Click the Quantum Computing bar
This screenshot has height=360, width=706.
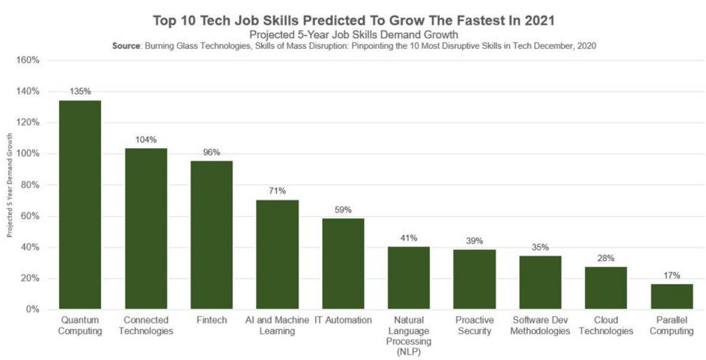pyautogui.click(x=80, y=205)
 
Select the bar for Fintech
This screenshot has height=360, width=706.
pyautogui.click(x=211, y=235)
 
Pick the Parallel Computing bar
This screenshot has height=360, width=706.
pyautogui.click(x=671, y=297)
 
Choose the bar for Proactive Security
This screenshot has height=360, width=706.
pyautogui.click(x=474, y=279)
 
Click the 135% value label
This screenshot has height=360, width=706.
pyautogui.click(x=80, y=91)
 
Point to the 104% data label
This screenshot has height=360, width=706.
pyautogui.click(x=146, y=140)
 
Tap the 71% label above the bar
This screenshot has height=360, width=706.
pyautogui.click(x=278, y=191)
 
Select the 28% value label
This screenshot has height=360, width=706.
pyautogui.click(x=606, y=258)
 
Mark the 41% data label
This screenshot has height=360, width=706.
pyautogui.click(x=409, y=238)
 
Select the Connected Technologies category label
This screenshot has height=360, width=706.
pyautogui.click(x=146, y=325)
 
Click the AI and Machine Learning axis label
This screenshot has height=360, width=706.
pyautogui.click(x=278, y=325)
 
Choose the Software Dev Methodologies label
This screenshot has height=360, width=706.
pyautogui.click(x=540, y=325)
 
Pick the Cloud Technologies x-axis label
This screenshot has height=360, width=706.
pyautogui.click(x=606, y=325)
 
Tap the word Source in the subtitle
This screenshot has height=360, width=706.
pyautogui.click(x=125, y=46)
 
